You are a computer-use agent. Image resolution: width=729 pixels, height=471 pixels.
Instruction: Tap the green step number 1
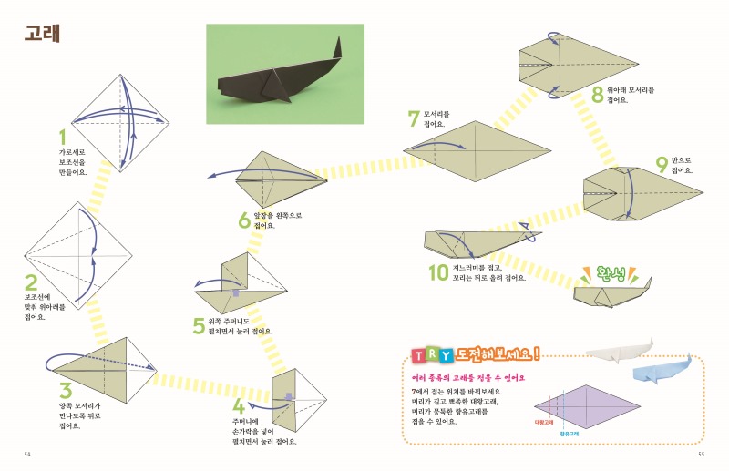[63, 137]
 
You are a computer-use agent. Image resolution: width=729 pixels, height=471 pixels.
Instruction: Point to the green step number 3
[65, 392]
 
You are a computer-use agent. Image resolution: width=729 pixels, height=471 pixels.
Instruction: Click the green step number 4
[238, 406]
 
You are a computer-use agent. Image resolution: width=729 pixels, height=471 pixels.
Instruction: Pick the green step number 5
[199, 325]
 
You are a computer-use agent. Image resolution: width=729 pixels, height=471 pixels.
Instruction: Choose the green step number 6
[243, 220]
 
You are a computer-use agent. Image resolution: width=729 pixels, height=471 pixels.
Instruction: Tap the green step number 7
[415, 118]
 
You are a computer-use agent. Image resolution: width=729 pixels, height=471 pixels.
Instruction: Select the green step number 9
[662, 165]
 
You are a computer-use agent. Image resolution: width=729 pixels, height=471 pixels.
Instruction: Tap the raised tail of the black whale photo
[337, 48]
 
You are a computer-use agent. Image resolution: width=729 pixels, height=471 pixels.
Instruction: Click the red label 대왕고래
[546, 423]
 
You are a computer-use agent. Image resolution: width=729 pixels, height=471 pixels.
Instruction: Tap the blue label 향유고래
[570, 435]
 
